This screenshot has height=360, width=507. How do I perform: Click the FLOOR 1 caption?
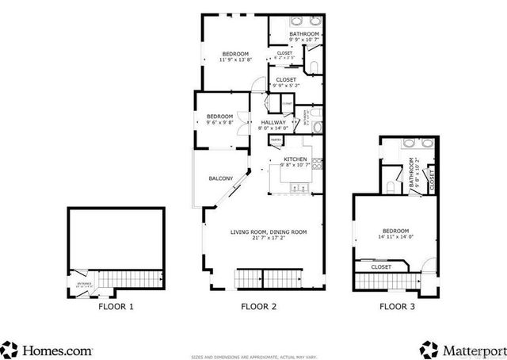pyautogui.click(x=116, y=305)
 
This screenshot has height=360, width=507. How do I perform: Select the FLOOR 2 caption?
pyautogui.click(x=259, y=305)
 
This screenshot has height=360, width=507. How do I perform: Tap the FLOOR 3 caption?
pyautogui.click(x=397, y=305)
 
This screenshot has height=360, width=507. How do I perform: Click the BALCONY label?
pyautogui.click(x=221, y=179)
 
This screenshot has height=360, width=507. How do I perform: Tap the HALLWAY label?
pyautogui.click(x=274, y=122)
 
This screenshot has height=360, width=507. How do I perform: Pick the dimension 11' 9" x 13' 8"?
pyautogui.click(x=235, y=59)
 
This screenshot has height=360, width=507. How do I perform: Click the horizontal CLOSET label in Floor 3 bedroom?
pyautogui.click(x=381, y=267)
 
